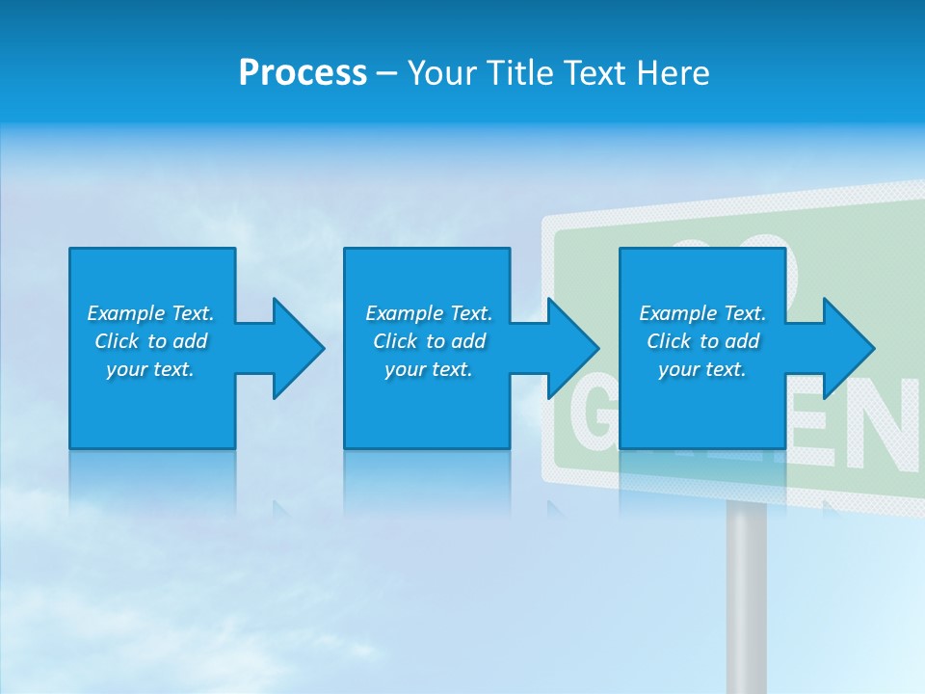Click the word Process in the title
303,73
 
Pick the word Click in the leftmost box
116,341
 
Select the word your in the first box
126,369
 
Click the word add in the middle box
468,341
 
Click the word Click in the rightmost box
669,341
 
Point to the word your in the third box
679,369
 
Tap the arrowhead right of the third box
847,348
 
